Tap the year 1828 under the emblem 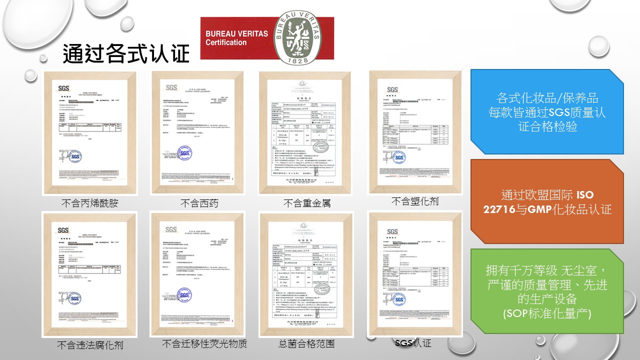298,60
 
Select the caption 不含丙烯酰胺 90,203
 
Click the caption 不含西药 199,203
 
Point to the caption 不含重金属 307,203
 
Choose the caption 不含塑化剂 415,201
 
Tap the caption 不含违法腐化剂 90,345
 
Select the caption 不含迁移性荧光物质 204,344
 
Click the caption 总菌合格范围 306,344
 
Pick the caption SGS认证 412,343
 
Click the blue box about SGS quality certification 547,111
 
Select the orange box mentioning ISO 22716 547,202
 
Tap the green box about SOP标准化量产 547,291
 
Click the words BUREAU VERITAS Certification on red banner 236,38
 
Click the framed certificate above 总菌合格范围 306,274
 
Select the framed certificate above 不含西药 197,133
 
